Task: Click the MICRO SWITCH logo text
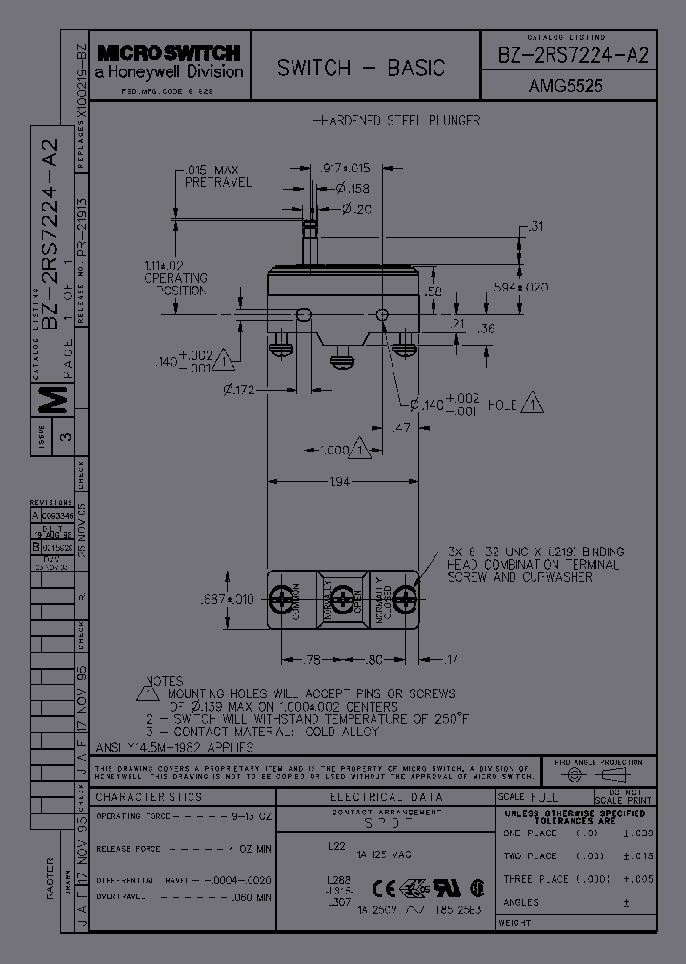point(169,53)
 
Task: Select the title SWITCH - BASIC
point(361,68)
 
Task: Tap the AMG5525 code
point(565,86)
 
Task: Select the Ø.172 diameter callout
point(240,389)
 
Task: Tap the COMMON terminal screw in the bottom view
point(283,599)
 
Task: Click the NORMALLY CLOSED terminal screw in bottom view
point(404,599)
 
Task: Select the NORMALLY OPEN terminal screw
point(342,599)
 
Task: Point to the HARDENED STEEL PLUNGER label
point(396,121)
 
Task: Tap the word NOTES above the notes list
point(164,681)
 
